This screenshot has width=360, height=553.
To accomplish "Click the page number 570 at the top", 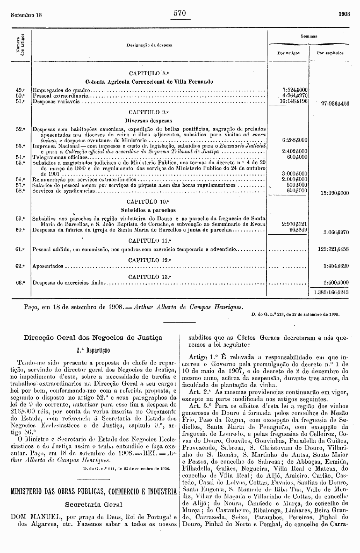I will (180, 13).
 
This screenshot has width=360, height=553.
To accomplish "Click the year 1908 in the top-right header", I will (344, 14).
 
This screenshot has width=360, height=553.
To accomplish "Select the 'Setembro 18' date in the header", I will (26, 15).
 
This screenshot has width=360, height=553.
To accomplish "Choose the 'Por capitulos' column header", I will (330, 53).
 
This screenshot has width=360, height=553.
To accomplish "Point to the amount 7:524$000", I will (295, 89).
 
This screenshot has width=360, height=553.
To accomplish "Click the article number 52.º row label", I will (21, 129).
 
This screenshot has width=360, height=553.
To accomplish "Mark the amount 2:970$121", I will (295, 224).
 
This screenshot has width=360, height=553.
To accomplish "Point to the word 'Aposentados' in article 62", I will (48, 266).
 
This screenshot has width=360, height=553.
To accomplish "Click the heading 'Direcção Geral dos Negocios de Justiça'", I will (93, 338).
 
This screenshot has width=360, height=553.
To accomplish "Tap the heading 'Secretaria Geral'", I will (94, 504).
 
